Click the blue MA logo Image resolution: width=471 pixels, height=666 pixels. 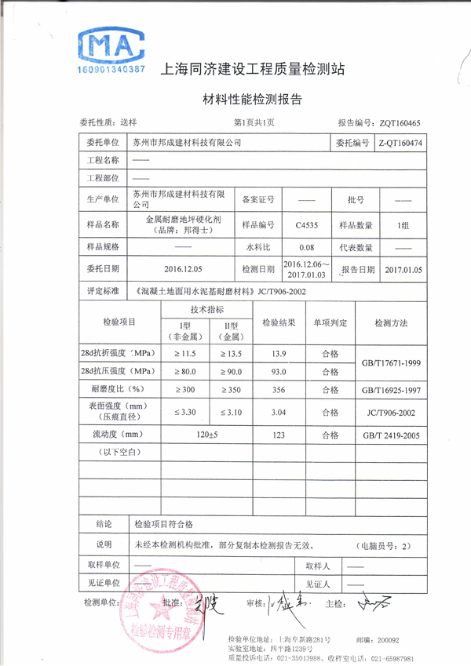(x=111, y=47)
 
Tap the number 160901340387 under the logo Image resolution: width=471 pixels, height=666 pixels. (x=111, y=71)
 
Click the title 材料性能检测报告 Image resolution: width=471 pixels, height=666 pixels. (x=253, y=100)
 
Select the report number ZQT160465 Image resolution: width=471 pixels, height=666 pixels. (x=400, y=123)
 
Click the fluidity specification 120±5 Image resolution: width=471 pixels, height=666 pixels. (x=207, y=434)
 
